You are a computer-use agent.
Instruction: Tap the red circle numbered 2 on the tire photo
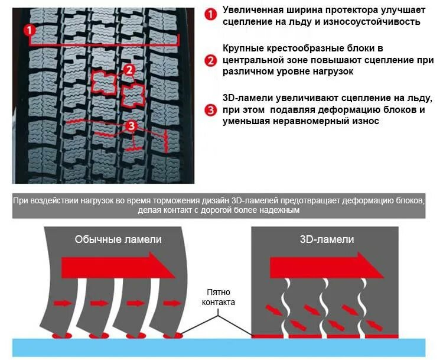click(x=129, y=70)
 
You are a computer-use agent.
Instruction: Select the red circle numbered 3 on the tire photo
click(x=131, y=126)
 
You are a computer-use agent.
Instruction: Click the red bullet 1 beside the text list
click(x=210, y=15)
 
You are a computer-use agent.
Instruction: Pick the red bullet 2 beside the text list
click(x=210, y=60)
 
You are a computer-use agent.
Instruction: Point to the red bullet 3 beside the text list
click(x=210, y=109)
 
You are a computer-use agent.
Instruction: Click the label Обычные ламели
click(x=118, y=239)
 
